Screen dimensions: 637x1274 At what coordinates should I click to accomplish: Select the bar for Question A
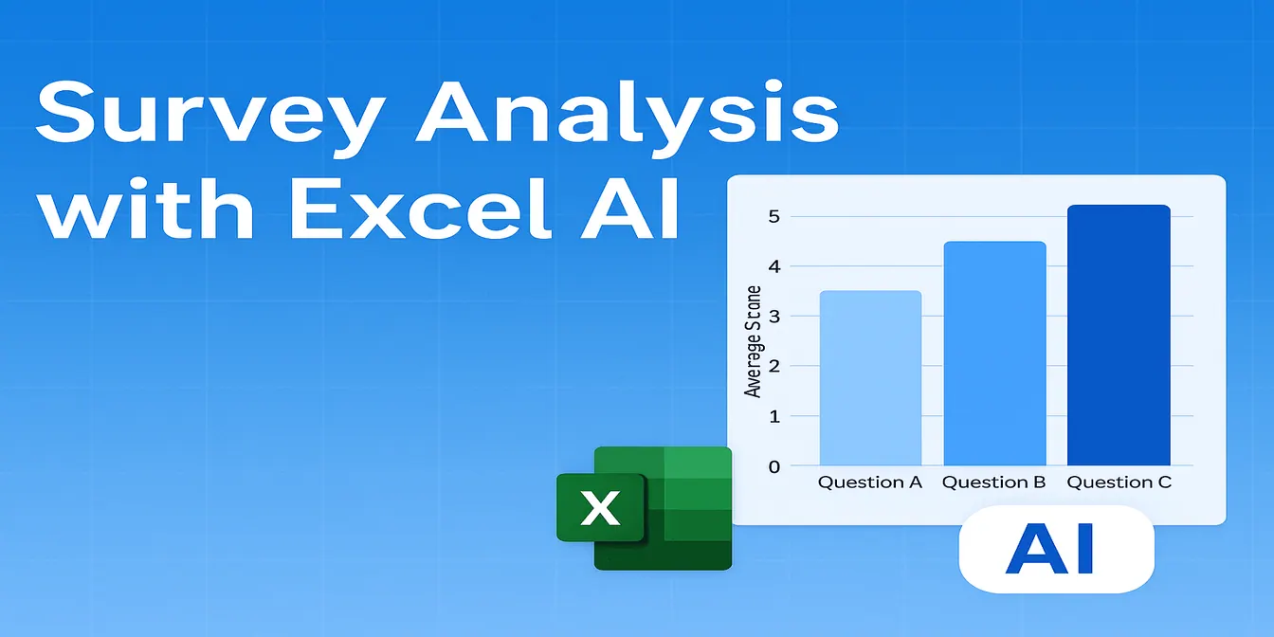click(870, 378)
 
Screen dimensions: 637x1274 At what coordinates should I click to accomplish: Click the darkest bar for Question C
click(1119, 336)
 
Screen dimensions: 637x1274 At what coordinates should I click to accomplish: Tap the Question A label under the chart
click(870, 482)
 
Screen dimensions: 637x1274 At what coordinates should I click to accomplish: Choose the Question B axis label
click(993, 482)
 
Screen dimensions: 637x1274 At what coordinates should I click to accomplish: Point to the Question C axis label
click(1119, 482)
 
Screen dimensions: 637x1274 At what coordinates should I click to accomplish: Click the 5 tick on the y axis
click(774, 216)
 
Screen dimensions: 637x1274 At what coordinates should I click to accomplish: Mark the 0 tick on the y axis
click(774, 466)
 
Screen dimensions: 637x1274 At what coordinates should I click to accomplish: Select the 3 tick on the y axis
click(774, 317)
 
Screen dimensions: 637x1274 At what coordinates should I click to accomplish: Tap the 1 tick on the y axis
click(774, 416)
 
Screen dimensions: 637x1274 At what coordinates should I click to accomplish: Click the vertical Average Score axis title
click(753, 341)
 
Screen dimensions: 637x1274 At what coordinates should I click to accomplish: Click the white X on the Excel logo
click(599, 508)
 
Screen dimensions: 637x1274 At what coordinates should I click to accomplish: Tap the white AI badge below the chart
click(1056, 549)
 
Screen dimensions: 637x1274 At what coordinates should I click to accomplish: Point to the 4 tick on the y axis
click(774, 266)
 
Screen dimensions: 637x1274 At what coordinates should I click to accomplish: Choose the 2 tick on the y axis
click(774, 366)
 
